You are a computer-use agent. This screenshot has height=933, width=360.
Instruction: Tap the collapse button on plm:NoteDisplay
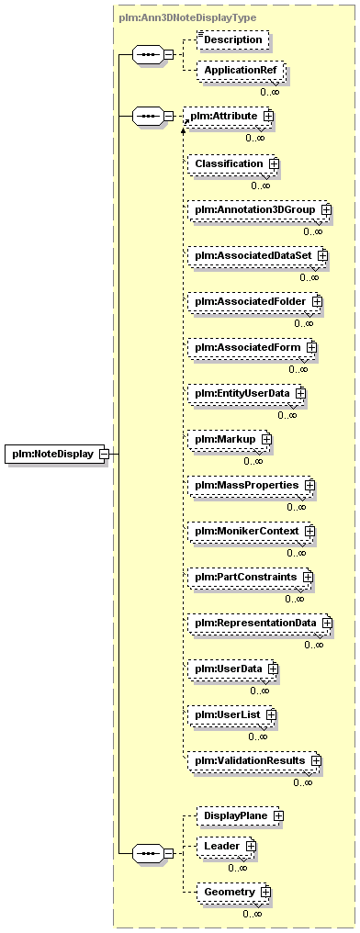coord(104,454)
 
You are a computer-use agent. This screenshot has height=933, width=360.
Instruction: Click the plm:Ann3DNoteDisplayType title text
coord(187,17)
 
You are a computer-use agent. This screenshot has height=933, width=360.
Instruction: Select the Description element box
coord(232,39)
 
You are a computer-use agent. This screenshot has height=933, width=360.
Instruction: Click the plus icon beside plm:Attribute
coord(268,116)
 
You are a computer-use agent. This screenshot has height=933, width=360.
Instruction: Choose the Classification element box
coord(233,163)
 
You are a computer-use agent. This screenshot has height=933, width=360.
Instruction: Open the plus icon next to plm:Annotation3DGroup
coord(325,209)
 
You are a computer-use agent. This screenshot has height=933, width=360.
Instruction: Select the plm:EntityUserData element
coord(246,393)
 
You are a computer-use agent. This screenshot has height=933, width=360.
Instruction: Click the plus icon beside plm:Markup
coord(265,439)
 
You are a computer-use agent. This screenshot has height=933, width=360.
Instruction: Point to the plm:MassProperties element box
coord(251,486)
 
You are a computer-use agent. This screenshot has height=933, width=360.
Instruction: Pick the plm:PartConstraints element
coord(251,578)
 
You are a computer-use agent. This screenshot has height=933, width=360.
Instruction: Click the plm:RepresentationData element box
coord(260,623)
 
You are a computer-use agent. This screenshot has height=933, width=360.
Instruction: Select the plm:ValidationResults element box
coord(254,760)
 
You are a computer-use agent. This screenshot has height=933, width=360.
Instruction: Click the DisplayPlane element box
coord(240,816)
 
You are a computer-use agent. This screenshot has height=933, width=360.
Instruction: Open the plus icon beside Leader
coord(251,846)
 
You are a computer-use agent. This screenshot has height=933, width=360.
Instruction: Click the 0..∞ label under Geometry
coord(252,914)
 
